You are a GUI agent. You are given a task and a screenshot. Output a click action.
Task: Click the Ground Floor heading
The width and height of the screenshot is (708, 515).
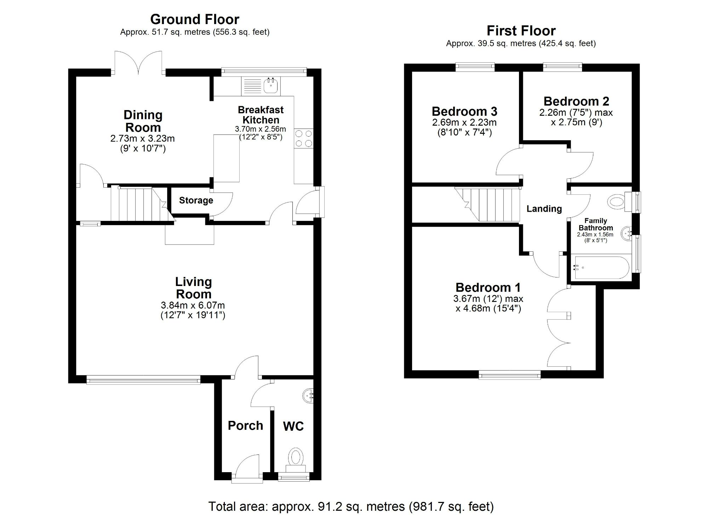pos(195,19)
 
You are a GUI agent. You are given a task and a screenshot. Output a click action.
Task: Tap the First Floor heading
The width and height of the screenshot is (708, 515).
pos(521,31)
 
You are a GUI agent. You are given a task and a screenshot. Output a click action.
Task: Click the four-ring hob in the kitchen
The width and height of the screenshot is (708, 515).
pos(304,138)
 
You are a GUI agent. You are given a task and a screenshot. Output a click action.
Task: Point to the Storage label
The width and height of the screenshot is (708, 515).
pos(196,200)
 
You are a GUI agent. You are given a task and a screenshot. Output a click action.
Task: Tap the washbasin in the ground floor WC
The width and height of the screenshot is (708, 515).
pos(309,395)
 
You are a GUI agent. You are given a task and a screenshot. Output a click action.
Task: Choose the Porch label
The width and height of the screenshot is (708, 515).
pos(245,425)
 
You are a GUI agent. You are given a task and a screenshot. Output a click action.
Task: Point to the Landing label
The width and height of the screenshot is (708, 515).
pos(544,209)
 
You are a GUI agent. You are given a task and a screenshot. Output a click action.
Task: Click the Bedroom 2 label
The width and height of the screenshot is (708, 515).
pos(576,101)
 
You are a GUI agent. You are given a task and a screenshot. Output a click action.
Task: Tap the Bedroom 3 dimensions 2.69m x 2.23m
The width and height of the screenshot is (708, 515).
pos(464,122)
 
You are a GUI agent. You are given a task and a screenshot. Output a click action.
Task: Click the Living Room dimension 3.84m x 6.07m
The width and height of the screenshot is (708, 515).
pos(193,305)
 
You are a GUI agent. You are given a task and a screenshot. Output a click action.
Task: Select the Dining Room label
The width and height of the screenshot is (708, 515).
pos(143,121)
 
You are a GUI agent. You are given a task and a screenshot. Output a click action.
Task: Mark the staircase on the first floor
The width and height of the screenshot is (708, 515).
pos(487,204)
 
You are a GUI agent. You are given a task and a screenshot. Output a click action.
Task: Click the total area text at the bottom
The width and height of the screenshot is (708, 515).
pos(351,507)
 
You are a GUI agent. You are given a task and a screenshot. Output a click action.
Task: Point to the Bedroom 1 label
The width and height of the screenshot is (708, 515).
pos(488,287)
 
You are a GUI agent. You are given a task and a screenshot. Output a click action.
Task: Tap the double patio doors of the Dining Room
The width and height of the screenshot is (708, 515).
pos(138,63)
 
